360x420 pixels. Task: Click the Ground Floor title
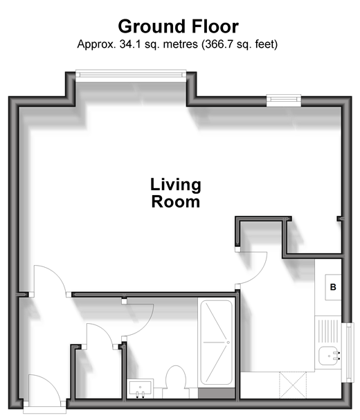click(178, 26)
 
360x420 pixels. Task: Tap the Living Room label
click(176, 193)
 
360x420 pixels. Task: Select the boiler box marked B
click(333, 287)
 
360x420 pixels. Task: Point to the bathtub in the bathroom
click(216, 343)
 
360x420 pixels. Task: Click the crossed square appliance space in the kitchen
click(292, 385)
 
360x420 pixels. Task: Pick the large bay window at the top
click(131, 73)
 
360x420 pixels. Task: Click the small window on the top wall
click(284, 100)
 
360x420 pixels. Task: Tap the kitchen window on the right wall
click(349, 352)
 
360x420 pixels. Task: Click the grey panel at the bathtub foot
click(216, 393)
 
